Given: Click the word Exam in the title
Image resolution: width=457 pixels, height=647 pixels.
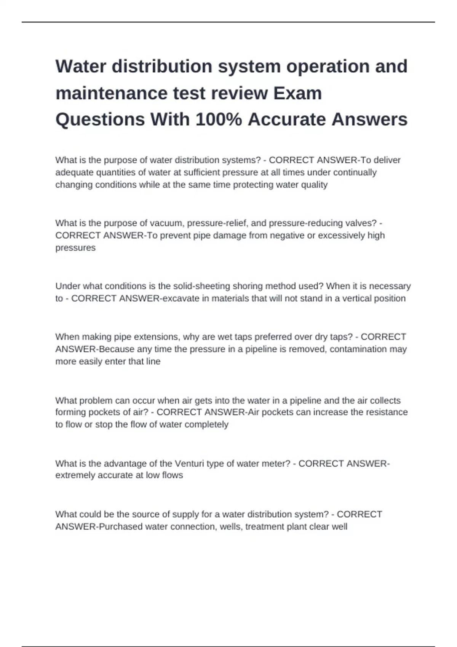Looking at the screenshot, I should [297, 93].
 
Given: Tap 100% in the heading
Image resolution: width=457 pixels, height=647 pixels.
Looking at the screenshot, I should [219, 120].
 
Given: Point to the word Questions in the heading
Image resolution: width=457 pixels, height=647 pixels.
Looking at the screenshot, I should [100, 120].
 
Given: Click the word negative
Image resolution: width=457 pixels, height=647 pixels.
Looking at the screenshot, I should [287, 236].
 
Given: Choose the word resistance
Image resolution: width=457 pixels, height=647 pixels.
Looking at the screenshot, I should [387, 412].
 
